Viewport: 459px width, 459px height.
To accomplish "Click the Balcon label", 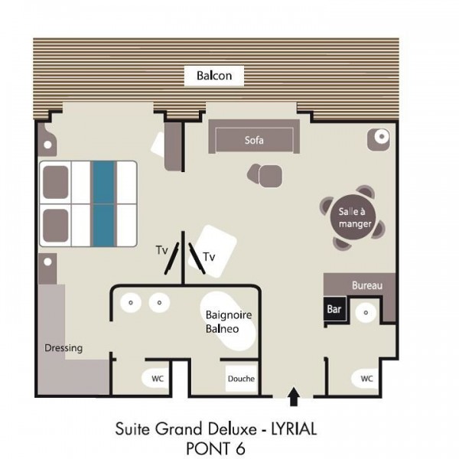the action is tap(214, 76).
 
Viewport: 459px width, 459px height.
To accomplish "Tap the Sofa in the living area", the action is tap(254, 136).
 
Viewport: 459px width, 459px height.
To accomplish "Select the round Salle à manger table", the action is tap(353, 217).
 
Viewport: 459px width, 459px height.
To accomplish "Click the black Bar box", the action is tap(334, 309).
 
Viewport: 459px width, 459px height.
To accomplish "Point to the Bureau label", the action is tap(367, 285).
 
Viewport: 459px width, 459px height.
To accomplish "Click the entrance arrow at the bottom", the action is tap(294, 396).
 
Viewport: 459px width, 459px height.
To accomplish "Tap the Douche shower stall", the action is tap(241, 379).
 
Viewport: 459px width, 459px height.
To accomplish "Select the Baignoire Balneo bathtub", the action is tap(228, 321).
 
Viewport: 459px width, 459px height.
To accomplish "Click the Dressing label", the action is tap(63, 348).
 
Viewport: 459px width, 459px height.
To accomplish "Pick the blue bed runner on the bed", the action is tap(103, 203).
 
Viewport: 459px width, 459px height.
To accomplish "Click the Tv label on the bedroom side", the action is tap(161, 250).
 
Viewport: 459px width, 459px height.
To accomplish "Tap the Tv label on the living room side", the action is tap(210, 257).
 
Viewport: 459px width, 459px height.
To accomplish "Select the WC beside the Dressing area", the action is tap(155, 378).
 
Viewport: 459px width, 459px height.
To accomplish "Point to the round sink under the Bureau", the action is tap(366, 313).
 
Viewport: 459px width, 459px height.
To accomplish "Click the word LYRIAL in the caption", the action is tap(295, 429).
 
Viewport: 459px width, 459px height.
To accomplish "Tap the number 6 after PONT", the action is tap(240, 448).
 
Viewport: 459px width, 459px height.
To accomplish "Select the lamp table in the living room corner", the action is tap(379, 139).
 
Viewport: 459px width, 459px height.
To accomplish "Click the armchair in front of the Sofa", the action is tap(265, 176).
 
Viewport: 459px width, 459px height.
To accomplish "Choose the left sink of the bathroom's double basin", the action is tap(131, 302).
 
